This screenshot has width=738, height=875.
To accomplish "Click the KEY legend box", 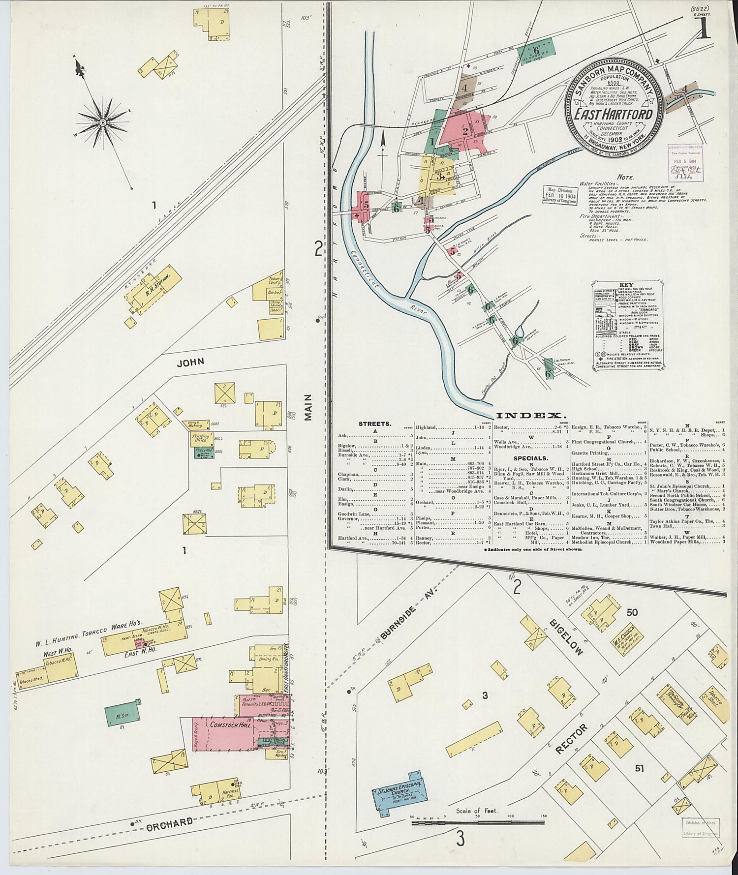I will click(626, 328).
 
